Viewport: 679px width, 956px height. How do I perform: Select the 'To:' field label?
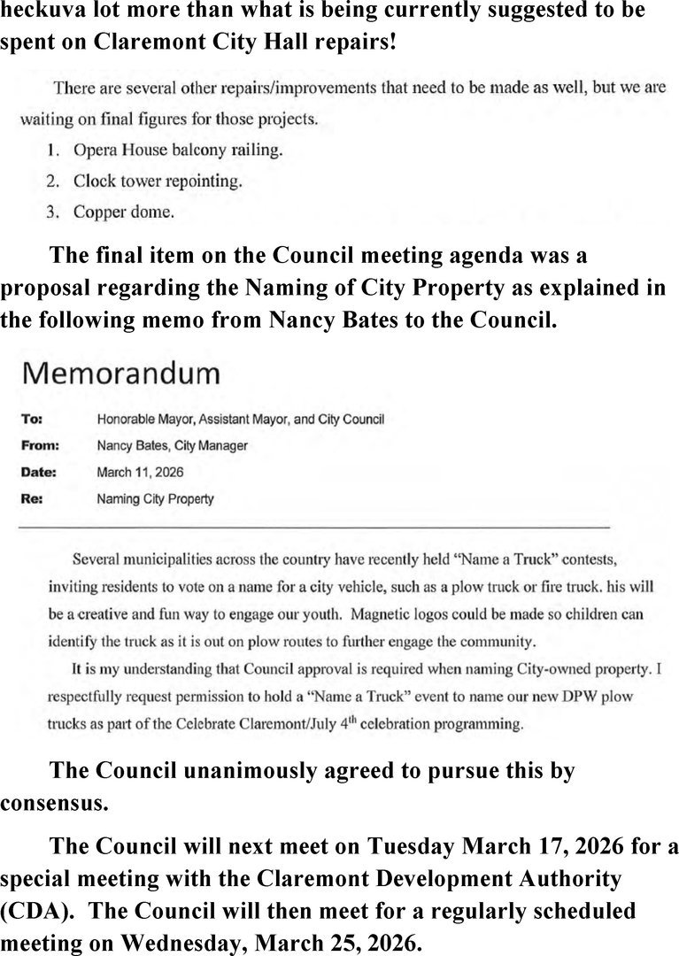[31, 419]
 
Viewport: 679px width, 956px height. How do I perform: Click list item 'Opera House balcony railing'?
[178, 150]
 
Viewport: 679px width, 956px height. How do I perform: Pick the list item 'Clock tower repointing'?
[158, 181]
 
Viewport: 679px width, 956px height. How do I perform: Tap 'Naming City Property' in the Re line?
[154, 498]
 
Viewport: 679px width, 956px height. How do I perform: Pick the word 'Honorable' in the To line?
[126, 419]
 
